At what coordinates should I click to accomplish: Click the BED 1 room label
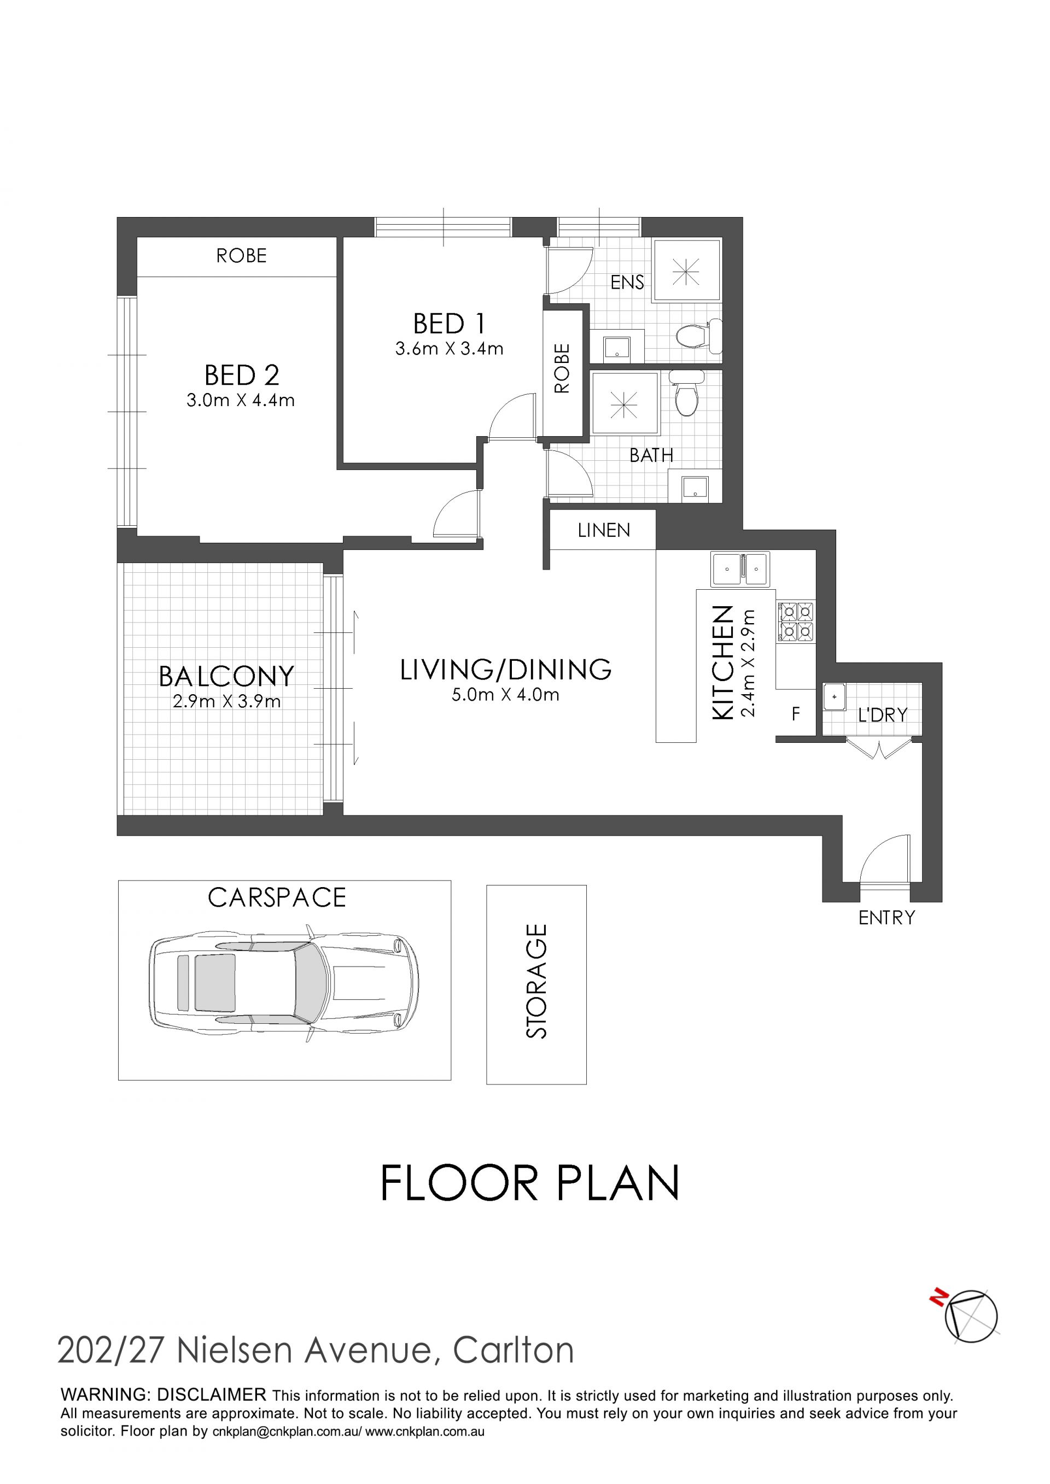[x=448, y=323]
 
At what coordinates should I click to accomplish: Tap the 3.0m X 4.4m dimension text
[x=241, y=400]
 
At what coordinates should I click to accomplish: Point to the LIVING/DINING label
[x=506, y=669]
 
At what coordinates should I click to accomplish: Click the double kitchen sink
[x=740, y=569]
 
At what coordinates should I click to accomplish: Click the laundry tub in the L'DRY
[x=835, y=697]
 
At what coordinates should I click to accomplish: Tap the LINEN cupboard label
[x=604, y=531]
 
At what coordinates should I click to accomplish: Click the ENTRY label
[x=886, y=918]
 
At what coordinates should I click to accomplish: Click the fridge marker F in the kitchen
[x=796, y=713]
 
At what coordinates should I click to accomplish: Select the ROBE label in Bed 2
[x=241, y=256]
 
